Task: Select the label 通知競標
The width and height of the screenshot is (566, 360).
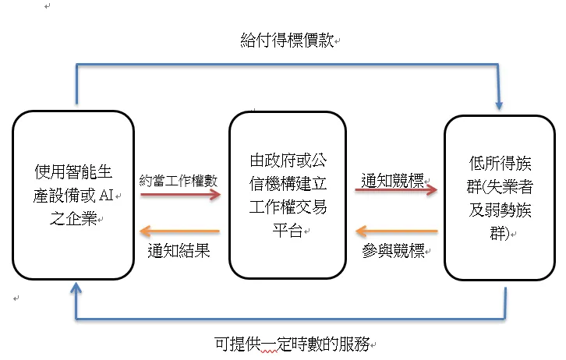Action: pyautogui.click(x=391, y=180)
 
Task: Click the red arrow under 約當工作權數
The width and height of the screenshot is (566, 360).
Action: pyautogui.click(x=180, y=196)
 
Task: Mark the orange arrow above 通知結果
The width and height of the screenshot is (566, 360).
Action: pyautogui.click(x=180, y=231)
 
